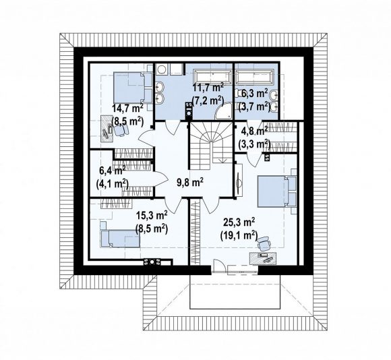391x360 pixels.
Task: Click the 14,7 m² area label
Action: pos(127,109)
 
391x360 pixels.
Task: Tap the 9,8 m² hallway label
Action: pos(190,182)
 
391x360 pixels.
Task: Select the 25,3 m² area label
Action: pos(239,222)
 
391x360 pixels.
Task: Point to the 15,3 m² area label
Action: pos(152,216)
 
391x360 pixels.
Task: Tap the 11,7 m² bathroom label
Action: pos(208,88)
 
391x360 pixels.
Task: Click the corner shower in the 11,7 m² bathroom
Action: pos(222,111)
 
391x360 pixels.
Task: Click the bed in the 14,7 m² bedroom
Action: pos(133,88)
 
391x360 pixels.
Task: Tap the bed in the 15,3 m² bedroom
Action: pos(120,239)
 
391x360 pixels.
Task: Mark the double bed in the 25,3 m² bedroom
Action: pos(277,191)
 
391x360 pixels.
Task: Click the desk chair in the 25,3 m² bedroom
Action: pos(264,243)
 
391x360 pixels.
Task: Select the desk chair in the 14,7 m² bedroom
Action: pos(121,130)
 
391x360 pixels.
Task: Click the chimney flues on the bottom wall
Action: pos(152,262)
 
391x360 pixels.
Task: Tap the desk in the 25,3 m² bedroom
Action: pos(263,258)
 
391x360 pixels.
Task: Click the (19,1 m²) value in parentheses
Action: pos(239,235)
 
